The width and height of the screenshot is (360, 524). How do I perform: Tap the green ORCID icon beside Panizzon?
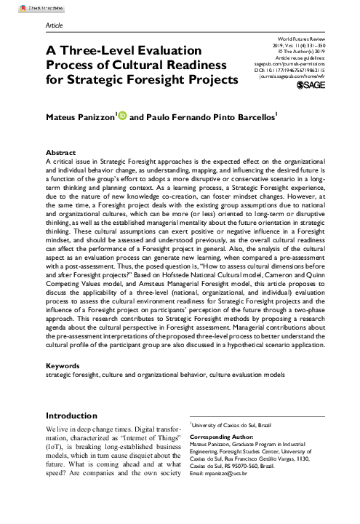(x=122, y=116)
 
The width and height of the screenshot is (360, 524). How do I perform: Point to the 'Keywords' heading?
(x=63, y=366)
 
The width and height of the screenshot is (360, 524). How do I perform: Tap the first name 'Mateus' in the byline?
(x=63, y=117)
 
